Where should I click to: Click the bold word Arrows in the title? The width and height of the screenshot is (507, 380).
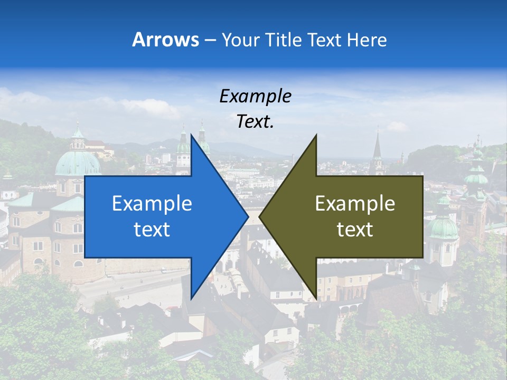[166, 40]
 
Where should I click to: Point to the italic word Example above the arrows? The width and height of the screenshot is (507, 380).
[256, 96]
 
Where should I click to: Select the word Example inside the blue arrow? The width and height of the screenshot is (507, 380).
[152, 204]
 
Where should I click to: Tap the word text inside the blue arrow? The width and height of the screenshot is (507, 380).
[152, 230]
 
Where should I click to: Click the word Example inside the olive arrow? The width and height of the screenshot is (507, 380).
[355, 204]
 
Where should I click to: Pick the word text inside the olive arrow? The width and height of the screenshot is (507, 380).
[355, 230]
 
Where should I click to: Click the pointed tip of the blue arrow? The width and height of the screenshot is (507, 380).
[248, 216]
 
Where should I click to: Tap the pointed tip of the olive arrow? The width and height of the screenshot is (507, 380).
[260, 216]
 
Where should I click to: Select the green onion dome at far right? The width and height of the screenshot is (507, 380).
[443, 227]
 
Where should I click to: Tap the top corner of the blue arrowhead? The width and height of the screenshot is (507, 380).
[192, 135]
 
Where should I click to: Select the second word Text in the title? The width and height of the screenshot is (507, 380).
[327, 40]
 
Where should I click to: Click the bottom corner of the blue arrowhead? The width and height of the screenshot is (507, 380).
[192, 299]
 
